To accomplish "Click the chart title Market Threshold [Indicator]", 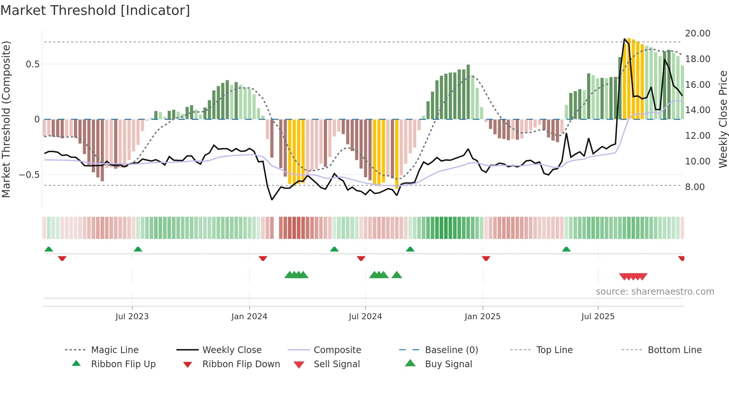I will pos(95,10).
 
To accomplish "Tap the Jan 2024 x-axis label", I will pos(249,317).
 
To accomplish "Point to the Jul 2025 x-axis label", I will pos(598,317).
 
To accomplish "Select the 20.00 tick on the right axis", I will pos(697,33).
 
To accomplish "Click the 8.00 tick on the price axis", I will pos(695,187).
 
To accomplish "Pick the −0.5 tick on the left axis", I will pos(29,175).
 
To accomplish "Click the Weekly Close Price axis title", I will pos(723,119).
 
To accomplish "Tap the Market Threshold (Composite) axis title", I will pos(6,119).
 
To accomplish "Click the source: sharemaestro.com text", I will pos(655,292).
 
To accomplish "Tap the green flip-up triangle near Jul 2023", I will pos(138,249).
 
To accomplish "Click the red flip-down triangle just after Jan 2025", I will pos(486,258).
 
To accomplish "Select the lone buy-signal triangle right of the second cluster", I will pos(397,275).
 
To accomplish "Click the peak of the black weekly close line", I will pos(624,39).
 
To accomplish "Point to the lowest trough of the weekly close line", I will pos(272,200).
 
